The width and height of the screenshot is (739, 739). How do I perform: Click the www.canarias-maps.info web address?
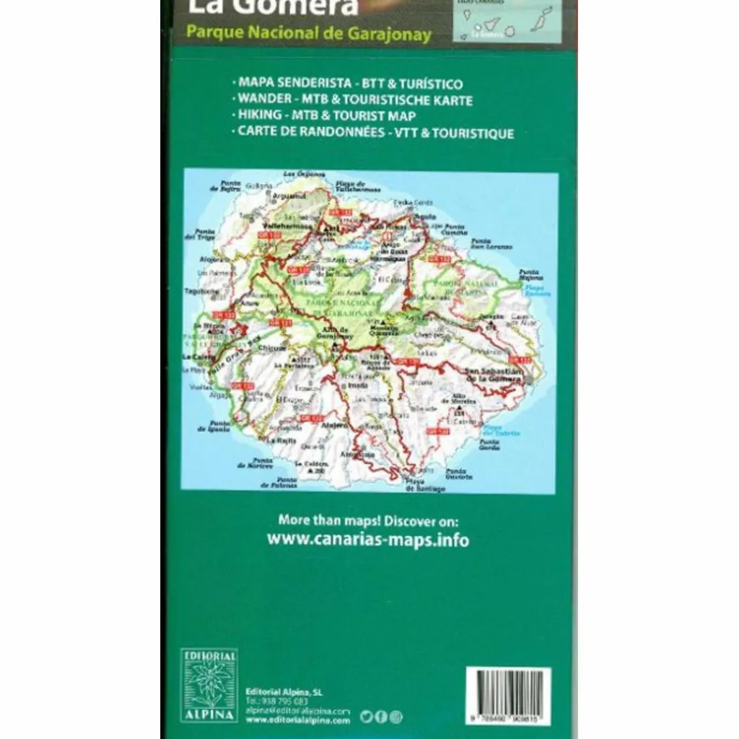(x=368, y=539)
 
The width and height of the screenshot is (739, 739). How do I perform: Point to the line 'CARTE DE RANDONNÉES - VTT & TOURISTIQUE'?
(x=373, y=133)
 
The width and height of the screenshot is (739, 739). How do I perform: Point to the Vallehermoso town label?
(x=287, y=226)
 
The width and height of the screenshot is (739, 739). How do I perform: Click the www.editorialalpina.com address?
(x=298, y=720)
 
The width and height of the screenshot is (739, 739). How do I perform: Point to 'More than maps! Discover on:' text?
(x=368, y=520)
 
